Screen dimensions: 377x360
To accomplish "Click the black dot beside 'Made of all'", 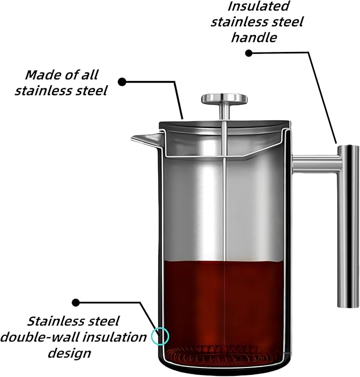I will pyautogui.click(x=122, y=82).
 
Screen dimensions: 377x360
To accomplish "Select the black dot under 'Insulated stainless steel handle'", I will pyautogui.click(x=249, y=52).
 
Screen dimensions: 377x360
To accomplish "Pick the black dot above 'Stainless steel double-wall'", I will pyautogui.click(x=76, y=302).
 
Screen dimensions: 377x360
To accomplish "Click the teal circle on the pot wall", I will pyautogui.click(x=160, y=336).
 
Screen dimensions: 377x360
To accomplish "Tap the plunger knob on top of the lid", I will pyautogui.click(x=224, y=98).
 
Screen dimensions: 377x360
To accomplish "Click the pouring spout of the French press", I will pyautogui.click(x=141, y=139).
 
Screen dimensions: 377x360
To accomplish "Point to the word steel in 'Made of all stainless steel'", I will pyautogui.click(x=87, y=91).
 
